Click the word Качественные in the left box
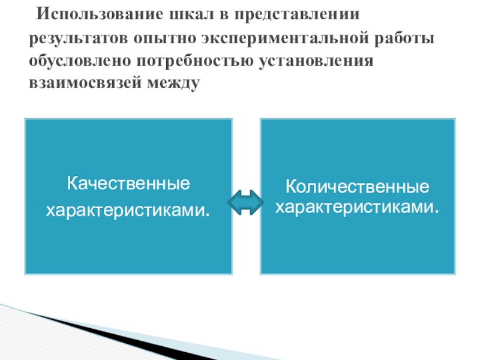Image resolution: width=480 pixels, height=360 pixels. pyautogui.click(x=128, y=182)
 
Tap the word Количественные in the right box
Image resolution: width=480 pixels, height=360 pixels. pyautogui.click(x=357, y=186)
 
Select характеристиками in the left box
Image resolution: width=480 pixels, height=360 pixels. pyautogui.click(x=128, y=210)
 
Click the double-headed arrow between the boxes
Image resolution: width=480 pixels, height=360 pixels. pyautogui.click(x=246, y=203)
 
